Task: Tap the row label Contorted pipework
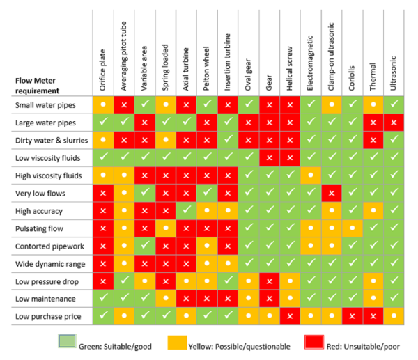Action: (x=45, y=244)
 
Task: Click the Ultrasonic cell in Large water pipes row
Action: (x=394, y=123)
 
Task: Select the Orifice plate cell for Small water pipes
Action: (x=102, y=105)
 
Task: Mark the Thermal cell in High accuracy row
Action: (x=373, y=210)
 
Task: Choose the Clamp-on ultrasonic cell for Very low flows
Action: (x=332, y=192)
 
